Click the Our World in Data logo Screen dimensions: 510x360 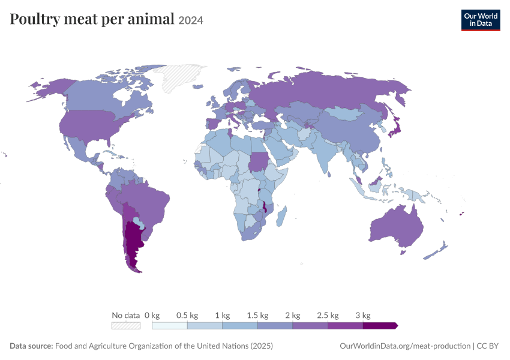pos(481,20)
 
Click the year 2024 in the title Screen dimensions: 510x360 pos(191,20)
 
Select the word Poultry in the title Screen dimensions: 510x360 pos(35,19)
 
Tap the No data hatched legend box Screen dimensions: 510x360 pos(126,326)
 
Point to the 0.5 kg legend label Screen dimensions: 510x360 pos(187,315)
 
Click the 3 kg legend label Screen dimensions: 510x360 pos(362,315)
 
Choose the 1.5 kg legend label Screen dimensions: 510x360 pos(257,315)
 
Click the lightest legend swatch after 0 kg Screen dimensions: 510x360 pos(169,326)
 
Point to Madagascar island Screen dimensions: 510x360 pos(281,216)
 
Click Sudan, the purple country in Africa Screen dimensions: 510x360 pos(257,161)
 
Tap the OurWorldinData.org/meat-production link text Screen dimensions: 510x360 pos(405,346)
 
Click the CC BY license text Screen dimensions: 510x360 pos(488,346)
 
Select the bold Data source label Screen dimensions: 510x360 pos(31,346)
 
